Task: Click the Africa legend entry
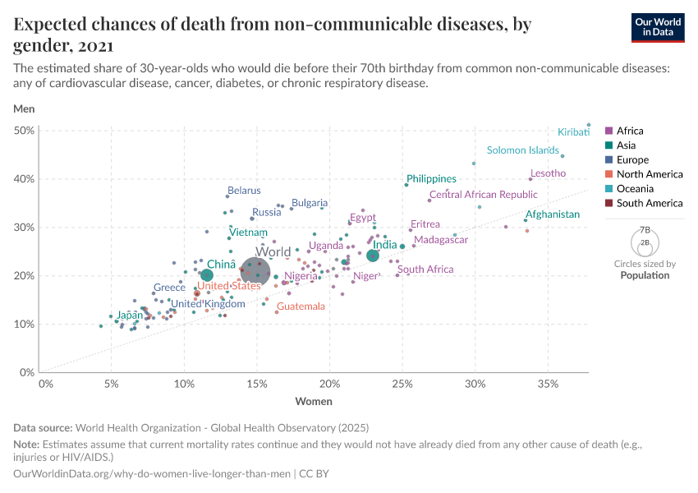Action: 630,131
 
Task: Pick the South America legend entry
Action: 644,203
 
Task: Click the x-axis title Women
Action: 314,401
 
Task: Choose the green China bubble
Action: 207,275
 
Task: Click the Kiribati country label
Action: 573,131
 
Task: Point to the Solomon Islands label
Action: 522,150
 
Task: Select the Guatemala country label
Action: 301,306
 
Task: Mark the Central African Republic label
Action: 483,196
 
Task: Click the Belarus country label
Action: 244,191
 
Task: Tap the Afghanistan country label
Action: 553,214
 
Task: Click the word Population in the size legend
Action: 645,275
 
